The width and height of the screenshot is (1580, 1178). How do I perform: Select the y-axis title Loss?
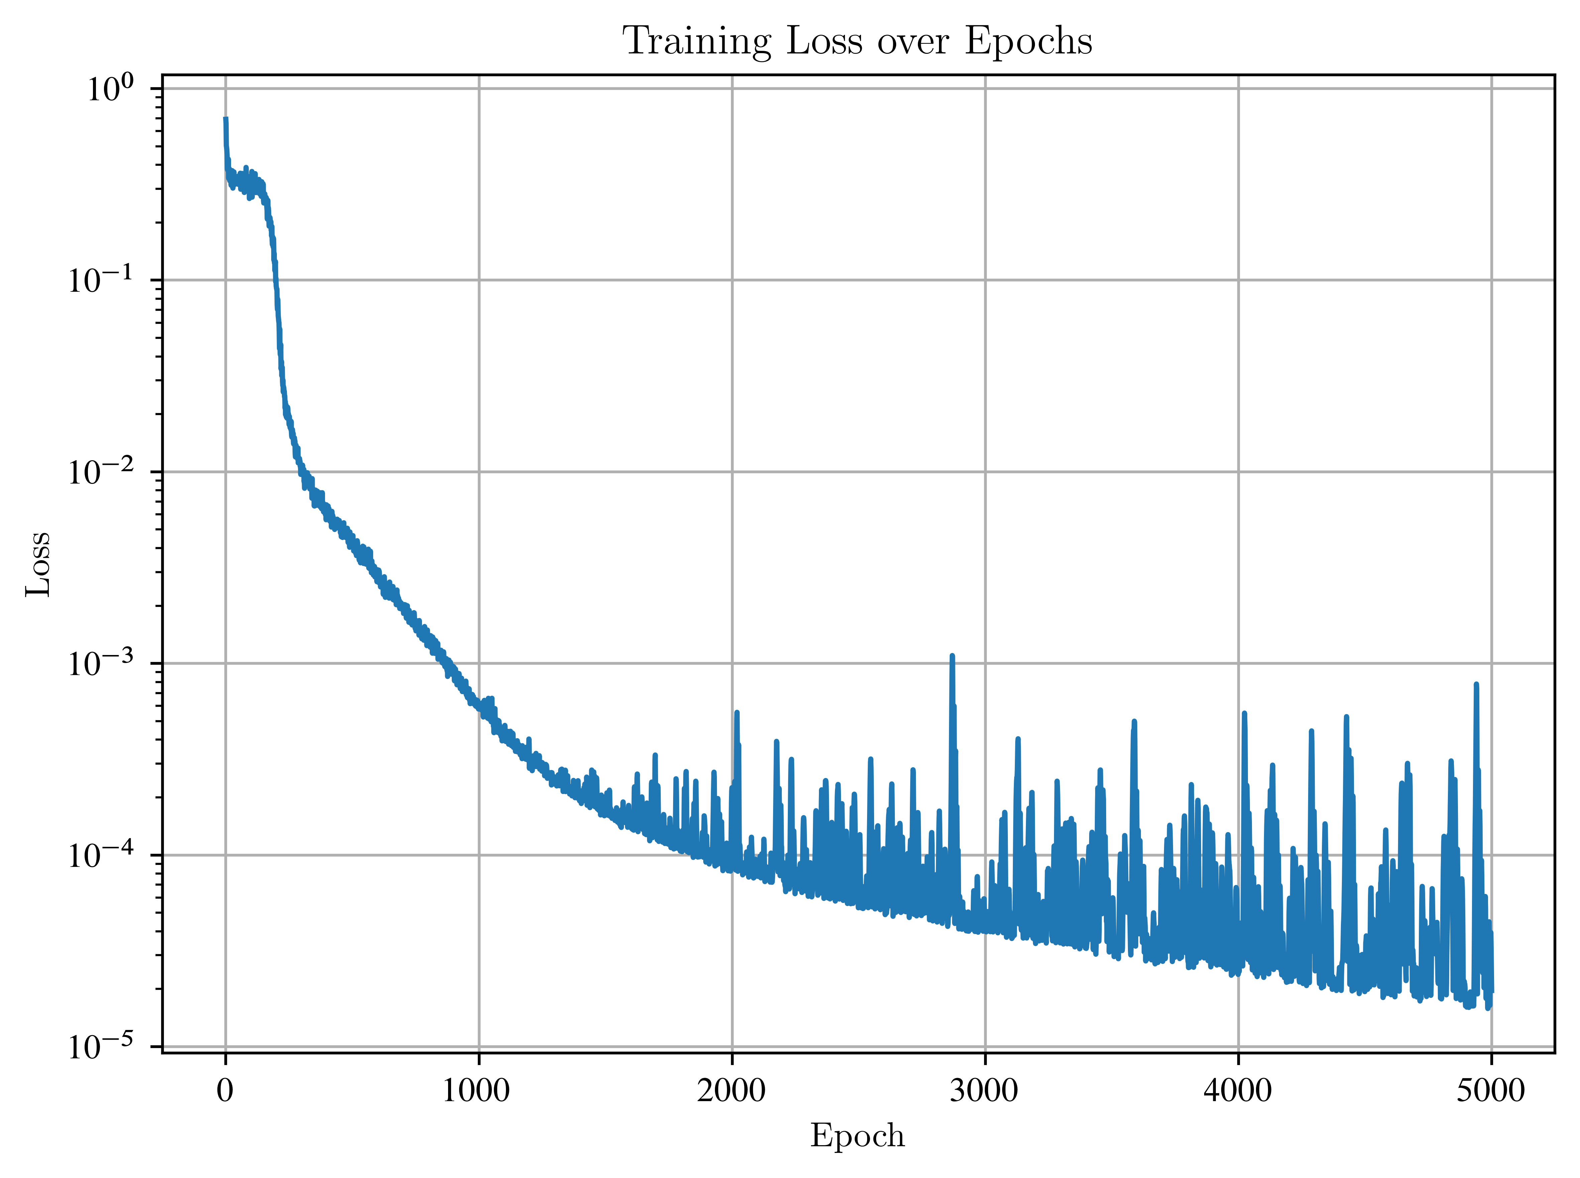38,563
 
